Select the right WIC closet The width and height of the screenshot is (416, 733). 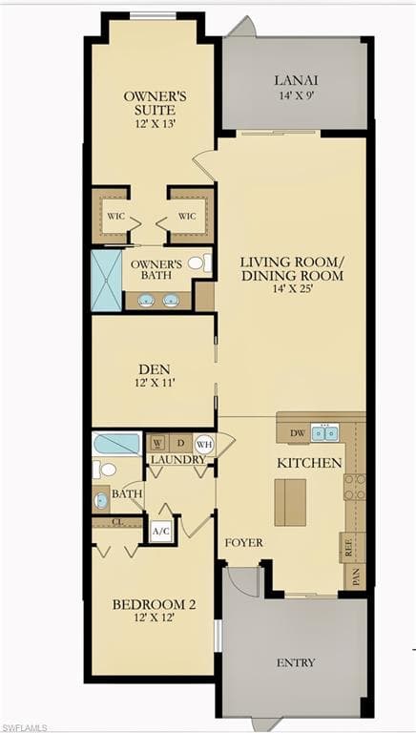coord(188,216)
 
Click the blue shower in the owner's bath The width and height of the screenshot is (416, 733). coord(106,280)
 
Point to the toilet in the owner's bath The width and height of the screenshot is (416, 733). coord(197,262)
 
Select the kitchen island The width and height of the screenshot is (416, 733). coord(290,502)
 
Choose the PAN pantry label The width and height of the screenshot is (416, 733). coord(355,576)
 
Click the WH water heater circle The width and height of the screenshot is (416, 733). coord(203,445)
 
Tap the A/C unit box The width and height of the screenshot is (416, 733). coord(160,531)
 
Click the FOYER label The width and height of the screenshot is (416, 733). coord(243,542)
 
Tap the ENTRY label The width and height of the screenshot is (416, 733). coord(296,662)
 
